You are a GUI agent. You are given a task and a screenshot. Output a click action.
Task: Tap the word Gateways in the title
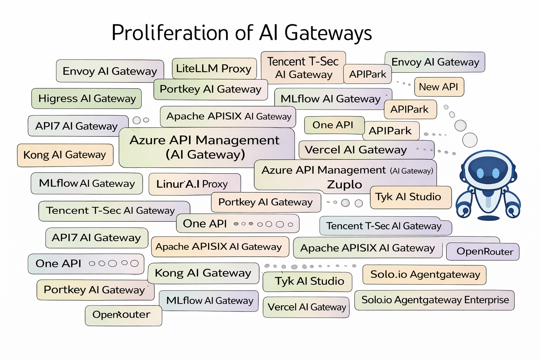(328, 33)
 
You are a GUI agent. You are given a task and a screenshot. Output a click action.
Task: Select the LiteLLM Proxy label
(214, 69)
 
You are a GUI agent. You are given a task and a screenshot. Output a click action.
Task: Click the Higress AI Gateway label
(87, 98)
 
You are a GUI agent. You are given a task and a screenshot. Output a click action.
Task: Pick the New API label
(439, 87)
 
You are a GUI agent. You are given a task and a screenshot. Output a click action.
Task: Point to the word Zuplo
(344, 185)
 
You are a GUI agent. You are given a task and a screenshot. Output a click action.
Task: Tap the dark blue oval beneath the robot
(488, 218)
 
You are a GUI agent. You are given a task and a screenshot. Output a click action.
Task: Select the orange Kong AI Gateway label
(65, 155)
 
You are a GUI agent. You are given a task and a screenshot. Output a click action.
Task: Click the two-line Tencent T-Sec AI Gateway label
(303, 68)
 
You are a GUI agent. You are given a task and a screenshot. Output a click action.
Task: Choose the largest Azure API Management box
(206, 147)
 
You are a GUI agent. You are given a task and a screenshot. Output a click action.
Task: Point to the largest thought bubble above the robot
(470, 140)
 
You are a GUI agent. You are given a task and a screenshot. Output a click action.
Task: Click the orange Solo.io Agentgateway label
(425, 275)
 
